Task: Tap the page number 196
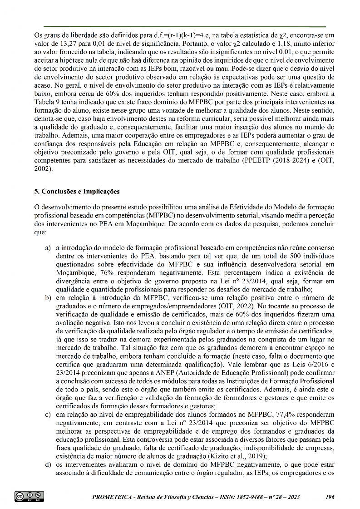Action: (330, 497)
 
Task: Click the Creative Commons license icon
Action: (29, 496)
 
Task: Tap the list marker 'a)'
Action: (48, 248)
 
